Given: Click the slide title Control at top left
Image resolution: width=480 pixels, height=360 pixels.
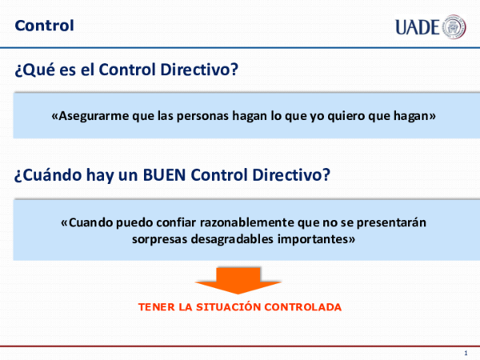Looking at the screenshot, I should coord(44,26).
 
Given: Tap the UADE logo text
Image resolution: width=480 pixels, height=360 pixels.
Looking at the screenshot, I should coord(417,27).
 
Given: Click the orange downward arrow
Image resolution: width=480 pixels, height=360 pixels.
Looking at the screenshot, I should coord(238,281).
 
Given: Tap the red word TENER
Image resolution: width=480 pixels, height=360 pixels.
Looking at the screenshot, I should coord(155,307).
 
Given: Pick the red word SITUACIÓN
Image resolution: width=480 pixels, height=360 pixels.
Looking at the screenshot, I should coord(225,307).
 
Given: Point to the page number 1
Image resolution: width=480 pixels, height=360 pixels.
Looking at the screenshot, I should coord(466,353).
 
